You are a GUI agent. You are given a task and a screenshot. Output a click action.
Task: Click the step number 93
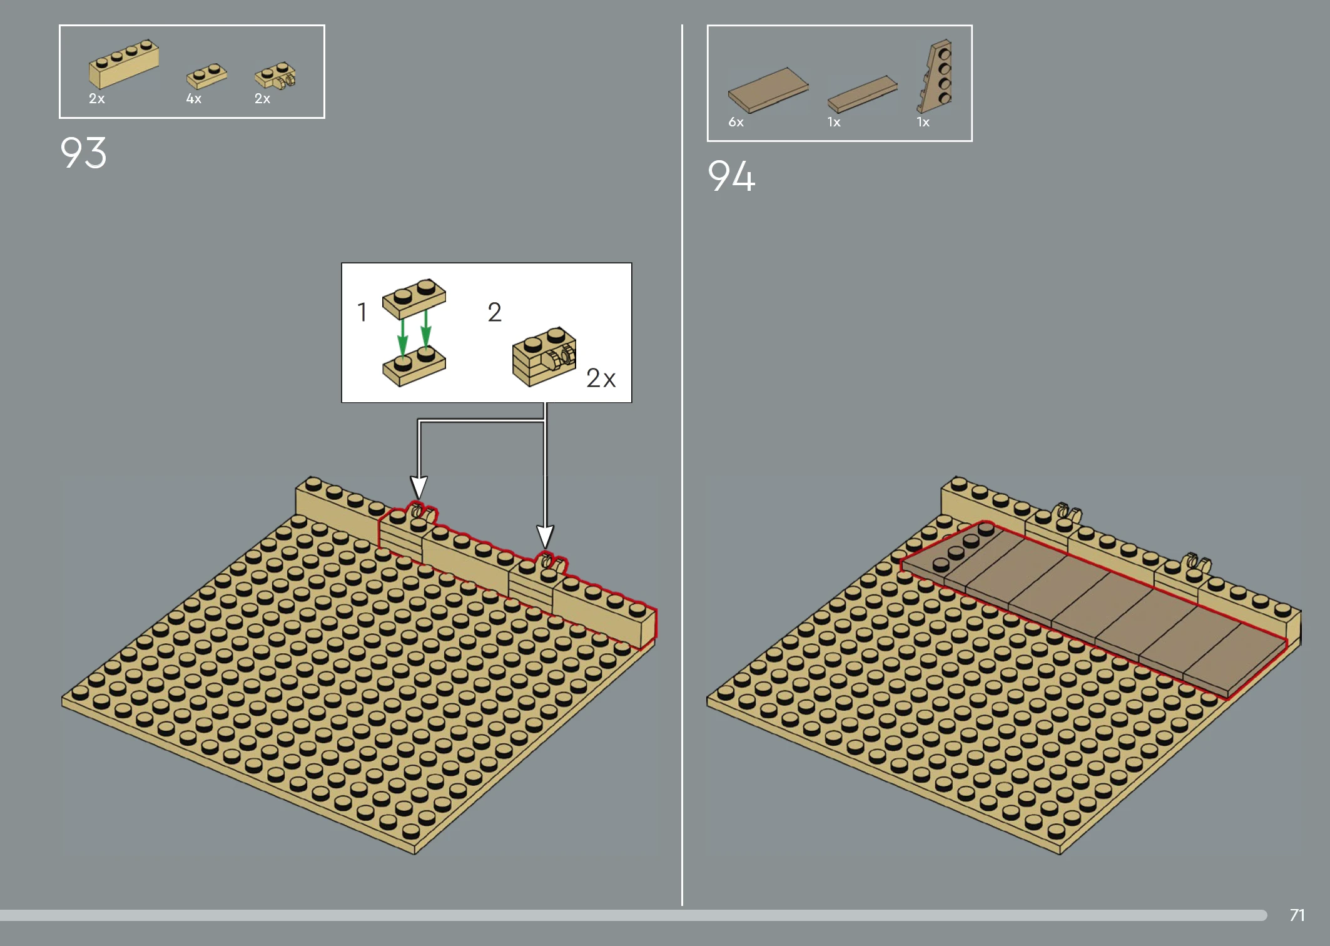[x=83, y=153]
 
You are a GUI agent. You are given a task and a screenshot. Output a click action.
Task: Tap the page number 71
[x=1297, y=915]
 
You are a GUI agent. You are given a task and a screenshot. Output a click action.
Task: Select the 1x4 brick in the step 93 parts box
[x=124, y=64]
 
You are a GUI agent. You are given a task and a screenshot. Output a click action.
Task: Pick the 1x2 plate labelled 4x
[x=206, y=76]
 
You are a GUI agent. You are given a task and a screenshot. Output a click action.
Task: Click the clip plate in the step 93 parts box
[x=275, y=75]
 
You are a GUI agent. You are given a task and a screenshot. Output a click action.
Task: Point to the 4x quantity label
[x=194, y=99]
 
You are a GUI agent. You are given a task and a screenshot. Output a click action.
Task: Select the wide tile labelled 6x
[x=768, y=90]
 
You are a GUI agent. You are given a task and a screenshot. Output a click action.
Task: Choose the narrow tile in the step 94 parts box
[x=862, y=94]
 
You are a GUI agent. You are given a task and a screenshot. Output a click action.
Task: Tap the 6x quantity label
[x=736, y=122]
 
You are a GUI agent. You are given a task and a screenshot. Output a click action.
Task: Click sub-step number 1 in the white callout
[x=362, y=312]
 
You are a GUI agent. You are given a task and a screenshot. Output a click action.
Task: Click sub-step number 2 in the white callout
[x=494, y=312]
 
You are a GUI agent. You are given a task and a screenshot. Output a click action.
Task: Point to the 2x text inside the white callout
[x=601, y=378]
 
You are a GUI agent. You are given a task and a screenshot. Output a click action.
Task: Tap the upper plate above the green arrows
[x=414, y=298]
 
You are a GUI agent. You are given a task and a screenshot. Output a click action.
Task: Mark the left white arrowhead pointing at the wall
[x=419, y=487]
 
